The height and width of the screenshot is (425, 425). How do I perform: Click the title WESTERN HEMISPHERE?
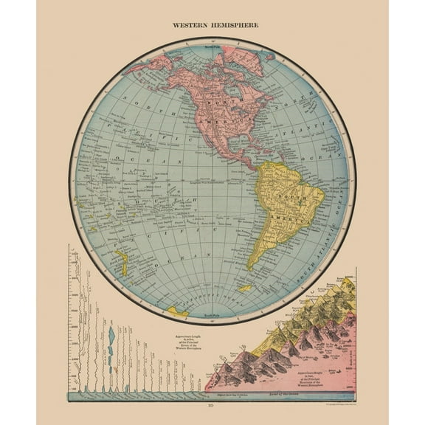click(x=212, y=24)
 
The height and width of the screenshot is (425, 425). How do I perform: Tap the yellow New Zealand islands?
click(x=121, y=262)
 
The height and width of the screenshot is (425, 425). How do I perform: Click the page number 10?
click(x=212, y=406)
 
